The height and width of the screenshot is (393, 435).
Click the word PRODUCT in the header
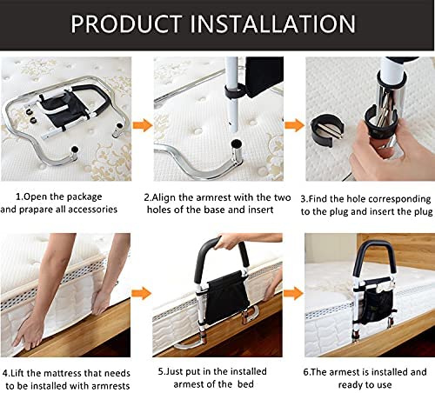pos(126,23)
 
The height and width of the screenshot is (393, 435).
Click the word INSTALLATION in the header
pos(272,23)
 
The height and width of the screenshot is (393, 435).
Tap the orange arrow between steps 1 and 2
pos(143,125)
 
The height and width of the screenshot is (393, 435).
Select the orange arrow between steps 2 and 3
pos(294,125)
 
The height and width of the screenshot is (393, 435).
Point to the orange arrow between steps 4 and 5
pos(142,293)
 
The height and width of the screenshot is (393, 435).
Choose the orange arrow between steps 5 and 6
pos(293,293)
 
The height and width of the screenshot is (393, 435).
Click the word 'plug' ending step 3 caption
pos(423,212)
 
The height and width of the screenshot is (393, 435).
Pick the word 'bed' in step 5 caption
pos(245,384)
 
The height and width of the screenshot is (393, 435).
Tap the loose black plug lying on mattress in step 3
pos(327,128)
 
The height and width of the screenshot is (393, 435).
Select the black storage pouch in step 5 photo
pos(227,297)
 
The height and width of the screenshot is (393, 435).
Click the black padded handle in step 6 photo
pos(374,255)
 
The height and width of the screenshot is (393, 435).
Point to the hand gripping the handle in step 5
pos(229,241)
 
